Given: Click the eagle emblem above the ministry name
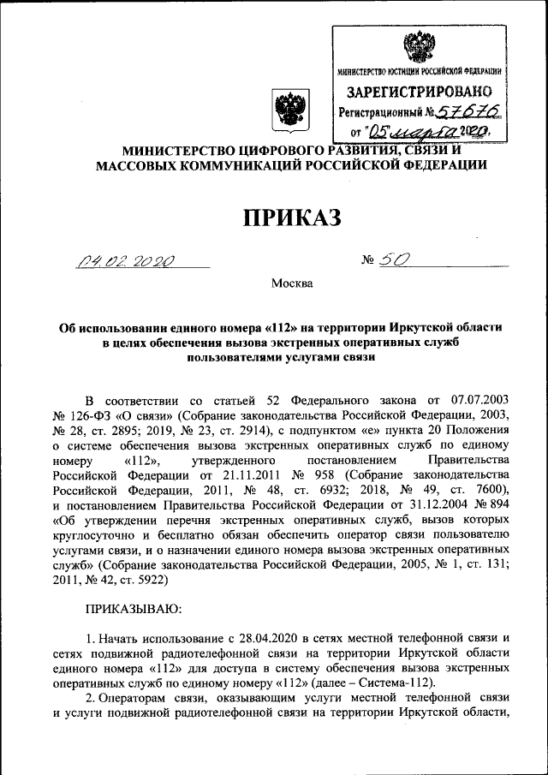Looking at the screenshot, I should pos(285,109).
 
